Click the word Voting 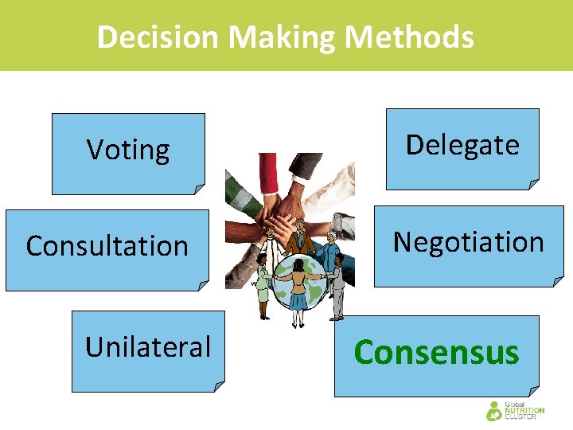tap(128, 150)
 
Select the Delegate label tap(462, 145)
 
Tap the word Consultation tap(107, 246)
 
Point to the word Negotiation tap(469, 242)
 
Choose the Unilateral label tap(148, 347)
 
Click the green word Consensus tap(436, 352)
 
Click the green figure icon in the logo tap(493, 412)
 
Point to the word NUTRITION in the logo tap(524, 411)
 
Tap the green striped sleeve tap(240, 195)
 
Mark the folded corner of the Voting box tap(199, 189)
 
